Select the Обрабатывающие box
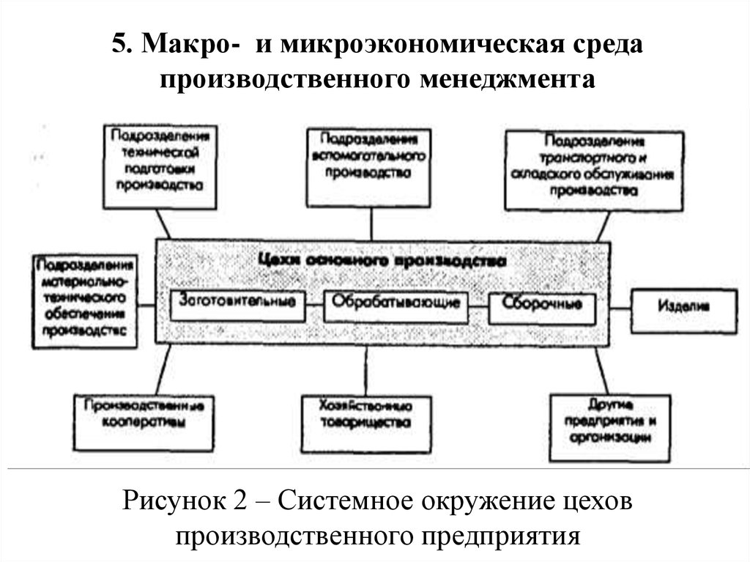(396, 304)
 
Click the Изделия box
(683, 311)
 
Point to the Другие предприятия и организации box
(610, 428)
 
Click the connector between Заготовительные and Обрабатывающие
(313, 303)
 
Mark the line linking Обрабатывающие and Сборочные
(477, 304)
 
